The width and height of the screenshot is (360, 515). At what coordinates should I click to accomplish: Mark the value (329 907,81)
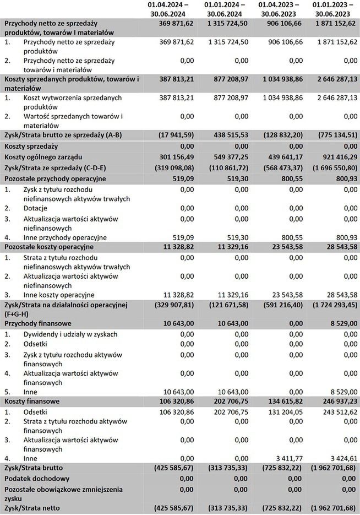[x=171, y=305]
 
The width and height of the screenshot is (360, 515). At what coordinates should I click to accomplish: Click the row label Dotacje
[x=36, y=208]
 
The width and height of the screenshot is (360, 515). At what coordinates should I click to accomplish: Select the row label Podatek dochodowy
[x=37, y=479]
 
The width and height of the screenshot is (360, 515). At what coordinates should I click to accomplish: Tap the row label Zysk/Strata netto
[x=31, y=508]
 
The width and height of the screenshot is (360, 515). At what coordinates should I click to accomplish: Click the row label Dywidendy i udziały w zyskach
[x=70, y=334]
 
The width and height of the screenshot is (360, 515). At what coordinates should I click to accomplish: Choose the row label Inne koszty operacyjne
[x=59, y=295]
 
